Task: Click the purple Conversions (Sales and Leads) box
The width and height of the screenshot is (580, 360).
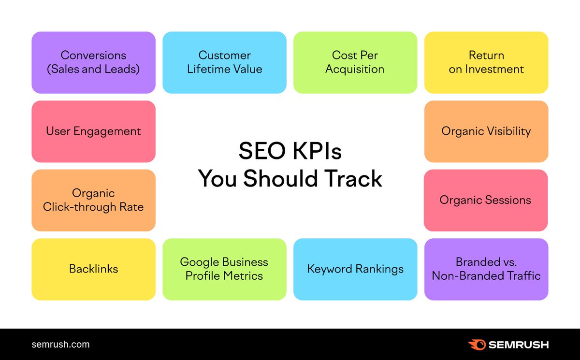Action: pyautogui.click(x=93, y=62)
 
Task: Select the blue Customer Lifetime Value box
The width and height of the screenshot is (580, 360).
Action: pyautogui.click(x=224, y=62)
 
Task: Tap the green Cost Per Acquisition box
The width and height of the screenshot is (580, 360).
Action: pyautogui.click(x=355, y=62)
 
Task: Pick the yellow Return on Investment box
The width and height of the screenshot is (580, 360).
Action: pyautogui.click(x=486, y=62)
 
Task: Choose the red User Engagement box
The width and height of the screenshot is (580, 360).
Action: pyautogui.click(x=93, y=131)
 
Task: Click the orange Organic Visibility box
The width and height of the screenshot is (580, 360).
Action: pyautogui.click(x=486, y=131)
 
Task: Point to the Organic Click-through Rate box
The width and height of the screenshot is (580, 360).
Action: pyautogui.click(x=93, y=200)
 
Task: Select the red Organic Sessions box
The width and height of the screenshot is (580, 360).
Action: pyautogui.click(x=486, y=200)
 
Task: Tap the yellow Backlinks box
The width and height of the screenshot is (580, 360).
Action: pyautogui.click(x=93, y=269)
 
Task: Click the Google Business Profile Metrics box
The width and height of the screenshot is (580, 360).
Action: pyautogui.click(x=224, y=269)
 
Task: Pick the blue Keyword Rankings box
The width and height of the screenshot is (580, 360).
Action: pyautogui.click(x=355, y=269)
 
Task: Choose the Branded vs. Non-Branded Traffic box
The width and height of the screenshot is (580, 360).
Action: pyautogui.click(x=486, y=269)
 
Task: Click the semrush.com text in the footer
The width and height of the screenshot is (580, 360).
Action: pyautogui.click(x=60, y=345)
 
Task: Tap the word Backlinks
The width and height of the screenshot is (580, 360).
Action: pyautogui.click(x=93, y=269)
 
